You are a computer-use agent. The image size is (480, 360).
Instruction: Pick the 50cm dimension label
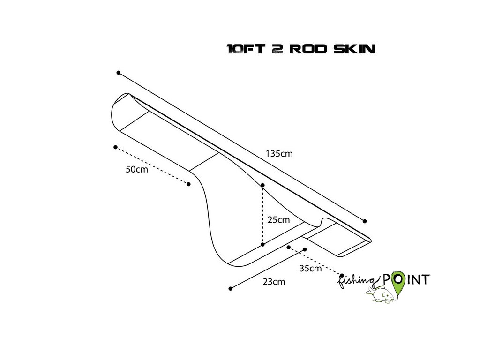click(136, 169)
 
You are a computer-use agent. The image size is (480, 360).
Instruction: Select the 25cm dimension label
click(278, 219)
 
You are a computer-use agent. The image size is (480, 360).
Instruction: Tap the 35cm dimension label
click(310, 269)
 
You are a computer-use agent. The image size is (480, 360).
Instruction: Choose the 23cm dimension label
click(274, 282)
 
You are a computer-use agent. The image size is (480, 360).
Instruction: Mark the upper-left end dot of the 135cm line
click(119, 73)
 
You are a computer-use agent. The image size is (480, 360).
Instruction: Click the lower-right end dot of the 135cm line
click(365, 221)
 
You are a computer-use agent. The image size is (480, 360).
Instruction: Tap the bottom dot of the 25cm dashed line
click(263, 244)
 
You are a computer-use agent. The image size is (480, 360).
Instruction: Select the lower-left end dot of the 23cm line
click(230, 288)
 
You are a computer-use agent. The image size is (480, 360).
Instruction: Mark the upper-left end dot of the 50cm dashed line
click(115, 147)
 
